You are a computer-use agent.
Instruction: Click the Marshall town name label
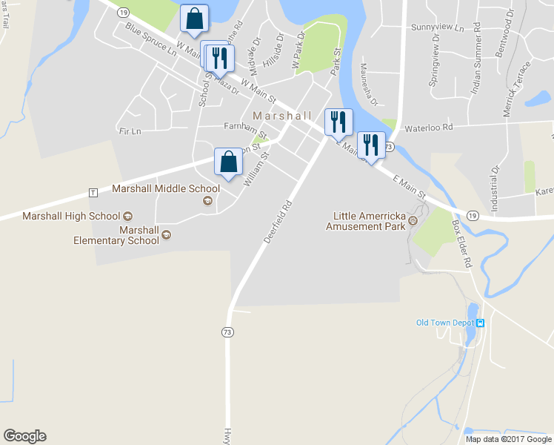coord(282,116)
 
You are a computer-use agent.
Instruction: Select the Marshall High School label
coord(71,216)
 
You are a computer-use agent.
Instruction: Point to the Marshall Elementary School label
coord(116,235)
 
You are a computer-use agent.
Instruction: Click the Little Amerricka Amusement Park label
coord(366,221)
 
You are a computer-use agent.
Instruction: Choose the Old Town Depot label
coord(444,323)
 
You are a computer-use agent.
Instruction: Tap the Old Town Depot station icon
coord(480,323)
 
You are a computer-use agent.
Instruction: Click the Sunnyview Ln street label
coord(437,27)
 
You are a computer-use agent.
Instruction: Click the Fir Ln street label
coord(129,131)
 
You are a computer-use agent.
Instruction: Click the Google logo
coord(24,436)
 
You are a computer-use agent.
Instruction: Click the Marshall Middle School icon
coord(207,201)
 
